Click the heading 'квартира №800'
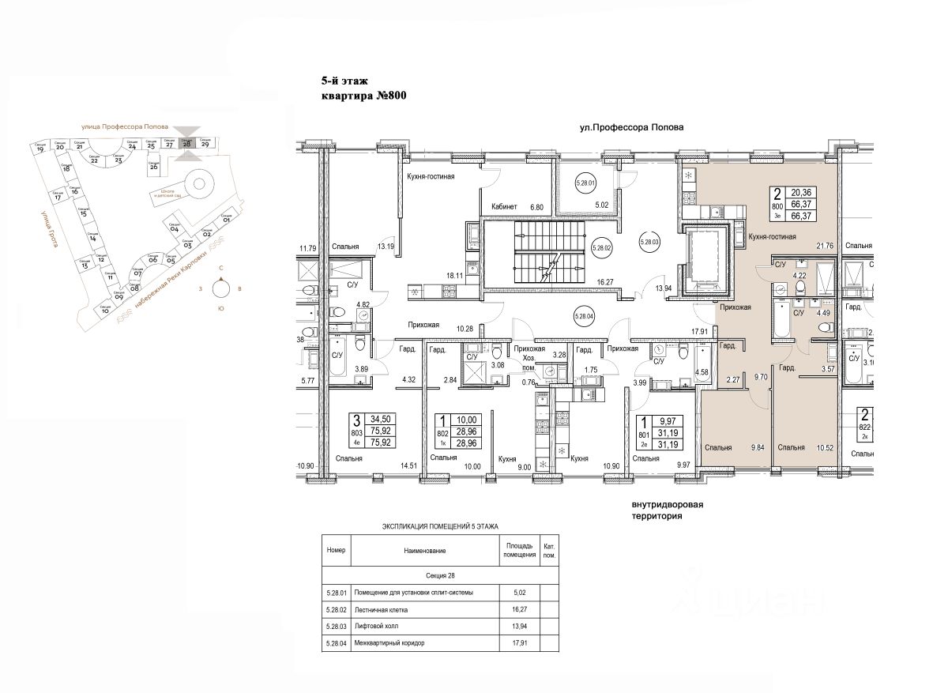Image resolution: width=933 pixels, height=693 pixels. (363, 97)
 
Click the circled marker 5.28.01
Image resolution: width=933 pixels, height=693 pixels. (585, 185)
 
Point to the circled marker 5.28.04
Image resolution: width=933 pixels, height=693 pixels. (584, 317)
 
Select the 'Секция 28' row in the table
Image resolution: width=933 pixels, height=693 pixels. (440, 576)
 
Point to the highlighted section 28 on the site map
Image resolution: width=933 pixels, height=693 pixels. (187, 144)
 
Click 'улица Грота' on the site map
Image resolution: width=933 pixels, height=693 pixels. (45, 229)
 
